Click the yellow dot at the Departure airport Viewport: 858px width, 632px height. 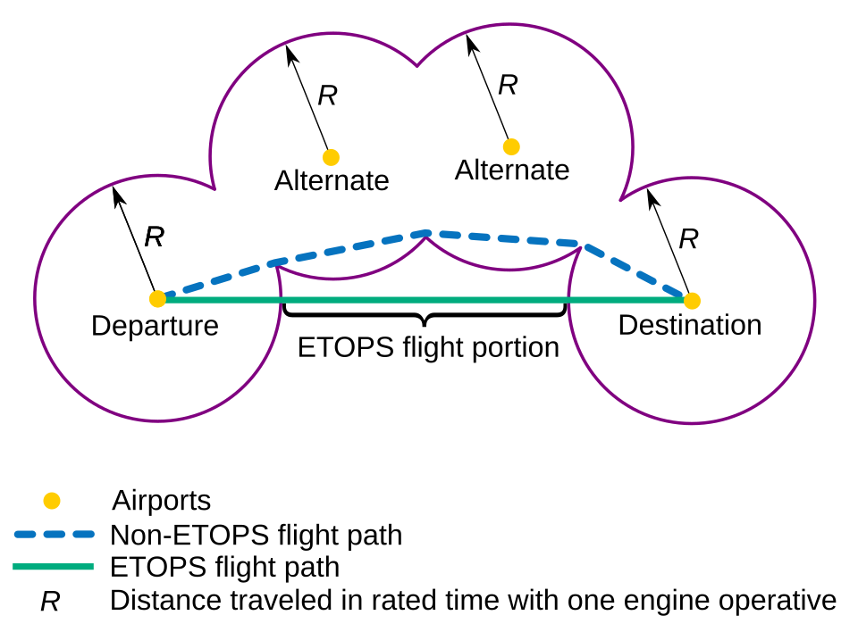(157, 298)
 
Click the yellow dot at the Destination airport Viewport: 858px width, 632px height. (691, 301)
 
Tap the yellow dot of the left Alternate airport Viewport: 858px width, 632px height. (331, 157)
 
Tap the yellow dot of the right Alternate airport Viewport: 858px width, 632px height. (511, 146)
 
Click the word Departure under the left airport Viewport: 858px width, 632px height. (155, 326)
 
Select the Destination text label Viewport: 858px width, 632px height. (689, 325)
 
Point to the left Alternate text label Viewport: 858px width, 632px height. (332, 181)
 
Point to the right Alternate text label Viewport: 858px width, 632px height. (512, 170)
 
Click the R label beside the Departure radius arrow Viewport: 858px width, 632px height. (154, 237)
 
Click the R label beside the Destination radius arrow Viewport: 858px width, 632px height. (688, 239)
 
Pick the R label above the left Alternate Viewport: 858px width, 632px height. (327, 96)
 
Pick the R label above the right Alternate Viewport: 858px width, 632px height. (508, 85)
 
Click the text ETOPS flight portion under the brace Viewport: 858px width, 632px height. (428, 347)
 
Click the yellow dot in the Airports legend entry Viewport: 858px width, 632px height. (52, 501)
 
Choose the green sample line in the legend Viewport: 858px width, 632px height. (54, 567)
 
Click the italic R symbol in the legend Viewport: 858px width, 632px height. (50, 602)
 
